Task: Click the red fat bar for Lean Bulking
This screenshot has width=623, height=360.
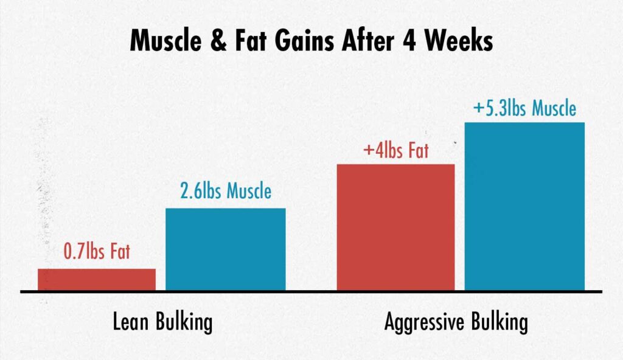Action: click(97, 279)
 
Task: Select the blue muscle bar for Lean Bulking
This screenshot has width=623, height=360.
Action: click(226, 249)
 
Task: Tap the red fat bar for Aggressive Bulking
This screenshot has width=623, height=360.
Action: click(395, 227)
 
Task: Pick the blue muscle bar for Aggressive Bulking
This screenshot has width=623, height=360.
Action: click(524, 206)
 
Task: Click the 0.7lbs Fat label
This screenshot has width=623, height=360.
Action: click(97, 251)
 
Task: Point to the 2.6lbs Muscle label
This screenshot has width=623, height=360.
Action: click(226, 192)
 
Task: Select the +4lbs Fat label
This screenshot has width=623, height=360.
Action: click(395, 150)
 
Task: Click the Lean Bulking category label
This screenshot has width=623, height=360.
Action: click(163, 322)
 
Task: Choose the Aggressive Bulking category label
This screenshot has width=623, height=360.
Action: click(456, 322)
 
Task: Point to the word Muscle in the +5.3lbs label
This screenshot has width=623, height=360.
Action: click(554, 109)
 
